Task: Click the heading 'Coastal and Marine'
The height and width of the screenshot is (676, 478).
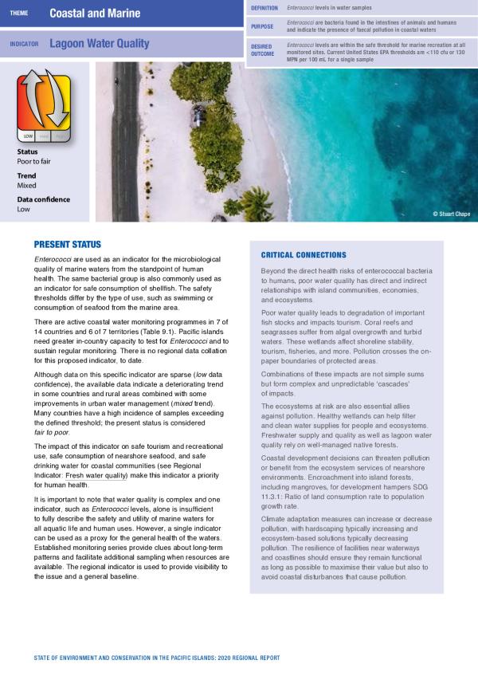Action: point(95,14)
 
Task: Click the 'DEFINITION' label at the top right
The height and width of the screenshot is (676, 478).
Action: point(264,7)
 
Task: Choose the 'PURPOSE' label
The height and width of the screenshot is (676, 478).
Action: point(262,26)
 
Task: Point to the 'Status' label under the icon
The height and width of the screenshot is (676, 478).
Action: point(27,151)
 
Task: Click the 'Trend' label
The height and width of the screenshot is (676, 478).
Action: point(26,175)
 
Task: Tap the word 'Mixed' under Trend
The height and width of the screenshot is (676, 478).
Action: point(26,185)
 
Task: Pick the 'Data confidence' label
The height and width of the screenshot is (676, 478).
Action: point(43,199)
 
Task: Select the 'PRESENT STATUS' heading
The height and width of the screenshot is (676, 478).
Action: point(68,245)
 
